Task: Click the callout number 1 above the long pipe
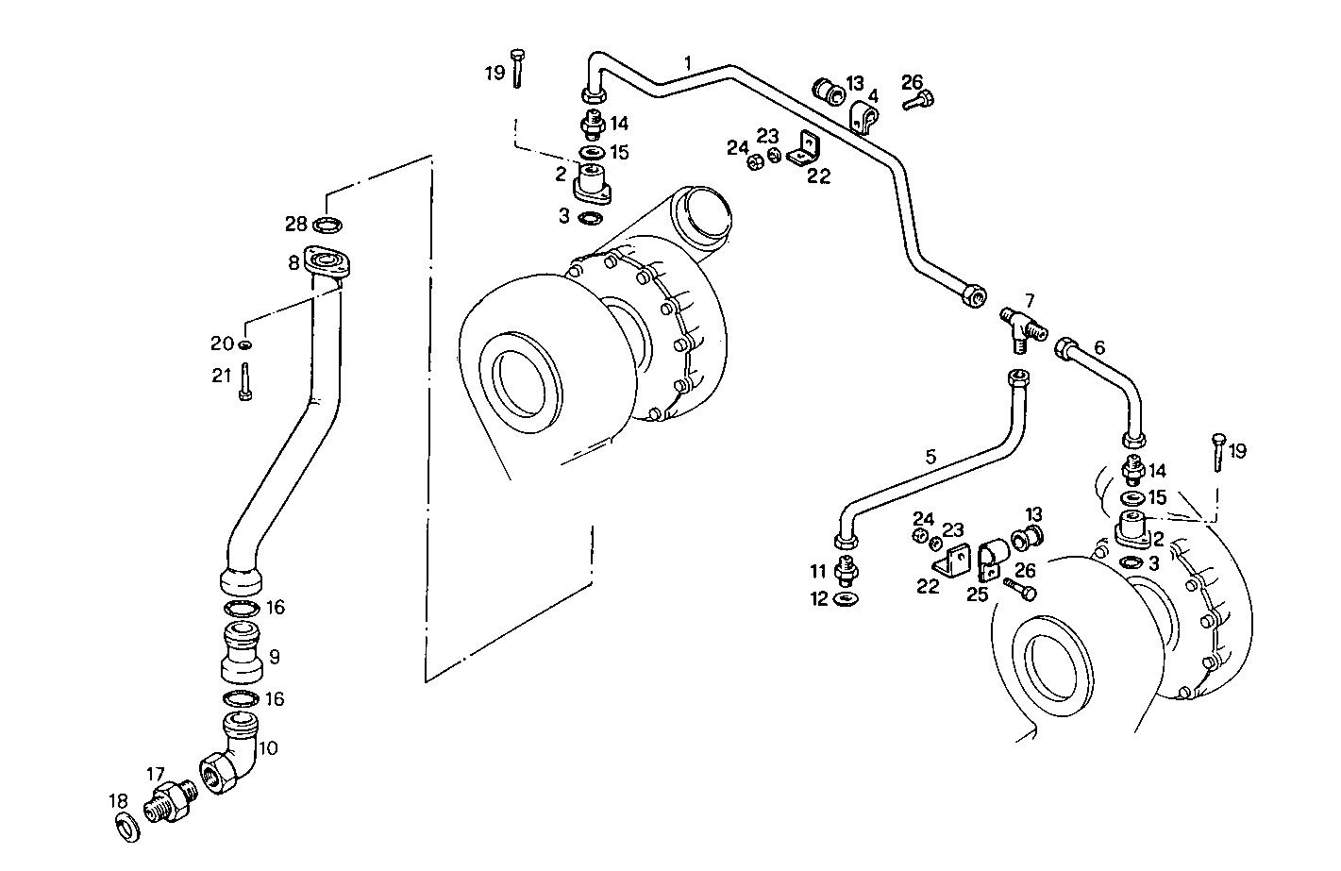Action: point(688,63)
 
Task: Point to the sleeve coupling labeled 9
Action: point(241,652)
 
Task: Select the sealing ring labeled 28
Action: point(327,225)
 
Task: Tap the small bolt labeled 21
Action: point(244,382)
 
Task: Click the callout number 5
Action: point(930,457)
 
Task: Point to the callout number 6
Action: point(1098,348)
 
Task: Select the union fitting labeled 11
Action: point(846,572)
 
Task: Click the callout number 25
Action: point(977,594)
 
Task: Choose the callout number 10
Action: point(268,748)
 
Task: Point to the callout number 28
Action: point(296,224)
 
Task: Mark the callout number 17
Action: point(155,774)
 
